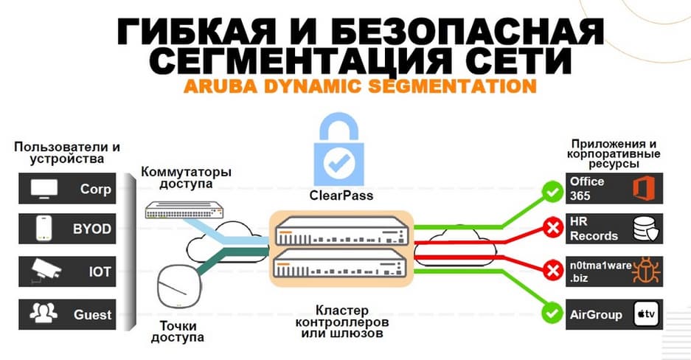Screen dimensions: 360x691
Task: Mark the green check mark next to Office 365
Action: pyautogui.click(x=551, y=194)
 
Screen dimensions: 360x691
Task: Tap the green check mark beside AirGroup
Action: pyautogui.click(x=551, y=313)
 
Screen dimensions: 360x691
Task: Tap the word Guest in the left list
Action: pyautogui.click(x=92, y=314)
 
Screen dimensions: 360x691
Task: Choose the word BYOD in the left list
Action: pyautogui.click(x=91, y=229)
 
